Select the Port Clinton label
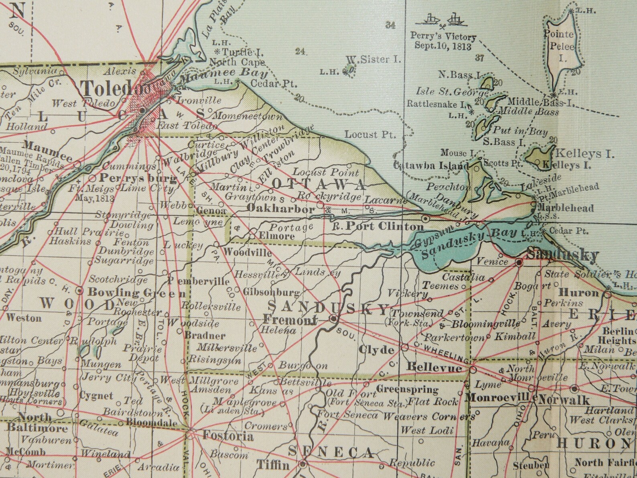384,226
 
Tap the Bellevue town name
434,367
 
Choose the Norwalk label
564,400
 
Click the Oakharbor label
280,209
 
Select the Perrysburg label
138,178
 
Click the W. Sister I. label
373,60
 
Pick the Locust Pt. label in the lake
370,134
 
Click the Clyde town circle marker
405,347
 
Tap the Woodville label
247,252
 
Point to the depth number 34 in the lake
390,25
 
